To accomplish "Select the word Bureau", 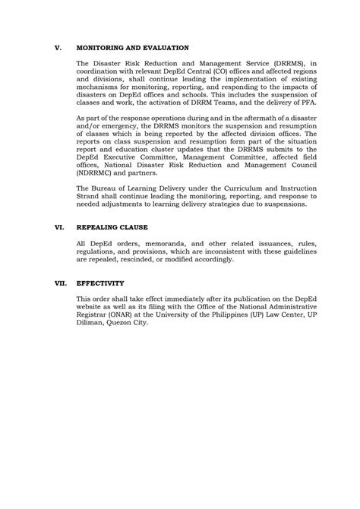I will tap(102, 189).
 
